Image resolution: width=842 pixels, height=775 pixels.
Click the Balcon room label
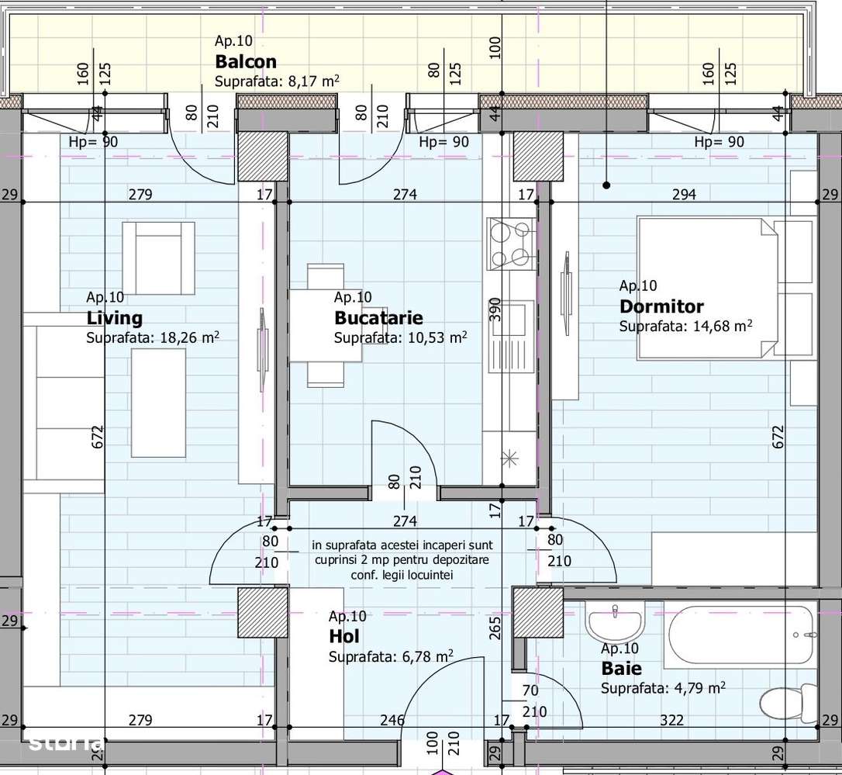(246, 61)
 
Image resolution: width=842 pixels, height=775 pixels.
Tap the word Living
(115, 318)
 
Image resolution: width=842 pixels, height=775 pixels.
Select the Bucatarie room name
(378, 318)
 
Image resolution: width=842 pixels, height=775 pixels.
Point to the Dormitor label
(661, 306)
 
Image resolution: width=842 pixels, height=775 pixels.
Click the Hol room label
(344, 637)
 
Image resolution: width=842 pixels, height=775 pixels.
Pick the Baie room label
(621, 668)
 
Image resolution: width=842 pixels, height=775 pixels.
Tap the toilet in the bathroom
(786, 702)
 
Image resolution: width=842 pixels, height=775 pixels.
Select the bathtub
(740, 635)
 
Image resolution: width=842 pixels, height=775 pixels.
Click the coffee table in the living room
(158, 402)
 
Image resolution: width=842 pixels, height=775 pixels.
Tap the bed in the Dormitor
(707, 289)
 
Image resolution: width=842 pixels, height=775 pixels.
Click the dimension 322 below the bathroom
(671, 721)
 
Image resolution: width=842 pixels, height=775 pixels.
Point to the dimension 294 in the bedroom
(684, 194)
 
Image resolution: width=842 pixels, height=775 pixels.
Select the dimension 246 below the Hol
(392, 721)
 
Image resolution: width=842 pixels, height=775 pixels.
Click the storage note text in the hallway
(402, 560)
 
